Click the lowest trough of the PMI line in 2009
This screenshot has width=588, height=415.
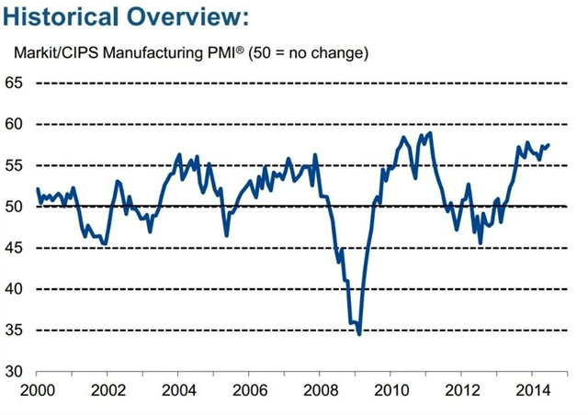(x=359, y=334)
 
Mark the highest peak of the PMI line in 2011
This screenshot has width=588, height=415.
(x=430, y=134)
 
